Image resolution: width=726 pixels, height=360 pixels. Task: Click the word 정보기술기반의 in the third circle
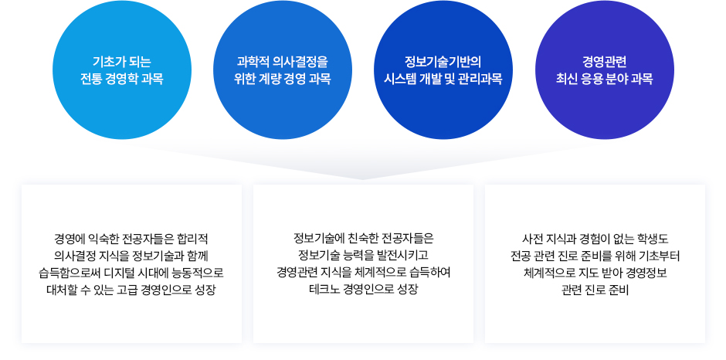443,62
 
